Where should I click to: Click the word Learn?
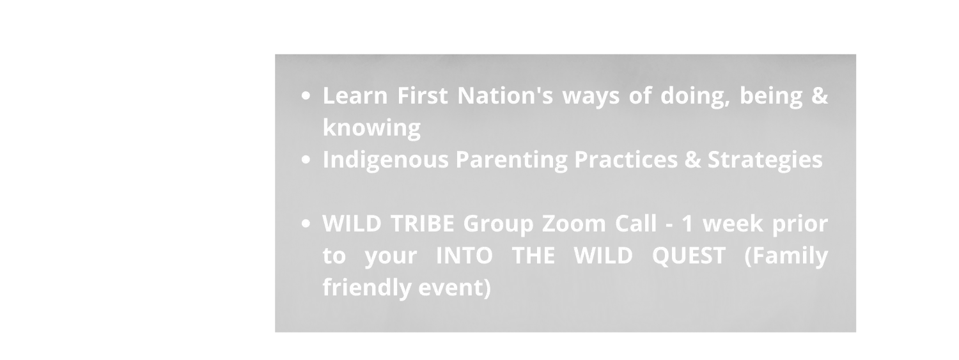click(x=355, y=95)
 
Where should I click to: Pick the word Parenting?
click(x=511, y=160)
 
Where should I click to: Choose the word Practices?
click(x=626, y=159)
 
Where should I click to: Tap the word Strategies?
click(x=765, y=160)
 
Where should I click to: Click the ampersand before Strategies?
click(x=692, y=159)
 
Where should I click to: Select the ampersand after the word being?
click(x=820, y=95)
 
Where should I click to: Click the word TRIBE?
click(x=422, y=223)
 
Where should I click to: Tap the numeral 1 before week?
click(x=687, y=223)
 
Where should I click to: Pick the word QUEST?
click(x=689, y=256)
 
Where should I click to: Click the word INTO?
click(x=464, y=256)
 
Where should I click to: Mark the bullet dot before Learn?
click(x=306, y=97)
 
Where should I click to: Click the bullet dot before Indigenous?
click(x=306, y=160)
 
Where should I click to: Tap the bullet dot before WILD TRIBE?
click(x=306, y=224)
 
